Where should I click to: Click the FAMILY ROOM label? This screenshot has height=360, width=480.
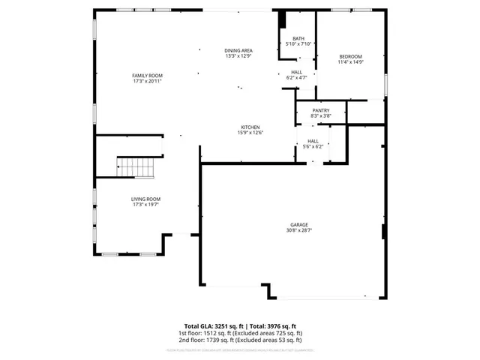[x=147, y=76]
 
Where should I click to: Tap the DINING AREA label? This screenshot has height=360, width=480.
[x=238, y=50]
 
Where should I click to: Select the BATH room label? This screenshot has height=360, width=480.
[x=298, y=38]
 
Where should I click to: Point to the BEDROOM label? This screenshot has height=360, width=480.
[x=351, y=57]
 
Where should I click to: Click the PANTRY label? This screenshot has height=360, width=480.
[x=321, y=110]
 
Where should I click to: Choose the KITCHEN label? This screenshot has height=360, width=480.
[x=250, y=127]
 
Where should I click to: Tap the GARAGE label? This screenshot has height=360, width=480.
[x=300, y=224]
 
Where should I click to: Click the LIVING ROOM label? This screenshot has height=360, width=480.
[x=147, y=199]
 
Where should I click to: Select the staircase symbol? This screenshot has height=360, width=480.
[x=135, y=168]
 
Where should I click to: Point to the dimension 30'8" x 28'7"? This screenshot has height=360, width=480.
[x=300, y=230]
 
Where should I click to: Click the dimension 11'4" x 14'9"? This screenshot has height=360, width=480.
[x=351, y=63]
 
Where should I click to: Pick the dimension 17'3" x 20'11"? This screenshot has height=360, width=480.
[x=147, y=82]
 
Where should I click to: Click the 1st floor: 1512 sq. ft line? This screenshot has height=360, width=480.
[x=240, y=333]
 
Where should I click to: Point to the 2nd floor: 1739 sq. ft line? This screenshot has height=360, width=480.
[x=240, y=340]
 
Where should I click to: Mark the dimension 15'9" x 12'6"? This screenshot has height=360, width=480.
[x=250, y=133]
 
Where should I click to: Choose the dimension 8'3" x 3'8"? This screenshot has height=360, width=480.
[x=321, y=116]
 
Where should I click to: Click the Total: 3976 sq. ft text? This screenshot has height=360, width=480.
[x=274, y=325]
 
